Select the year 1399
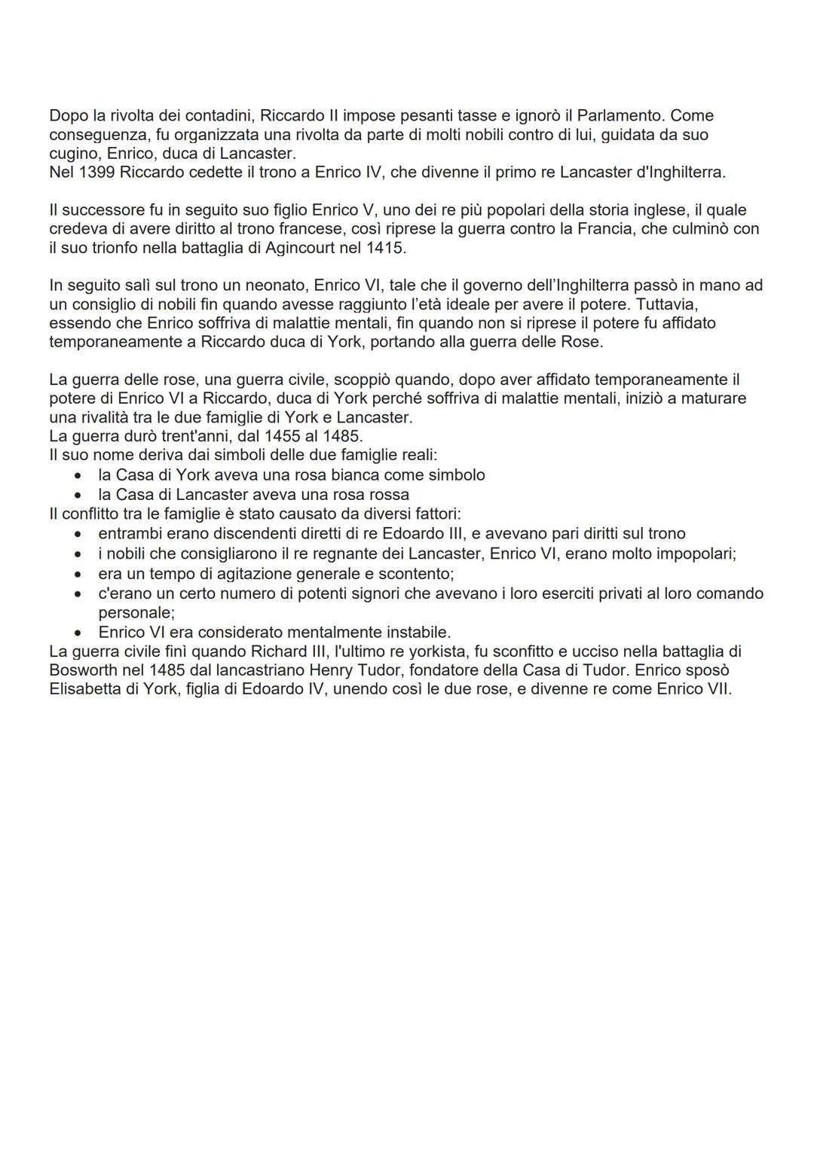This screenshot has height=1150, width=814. [x=97, y=172]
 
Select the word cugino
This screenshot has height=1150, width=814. [x=72, y=154]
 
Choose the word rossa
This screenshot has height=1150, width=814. [x=386, y=495]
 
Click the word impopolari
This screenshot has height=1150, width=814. [x=690, y=554]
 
